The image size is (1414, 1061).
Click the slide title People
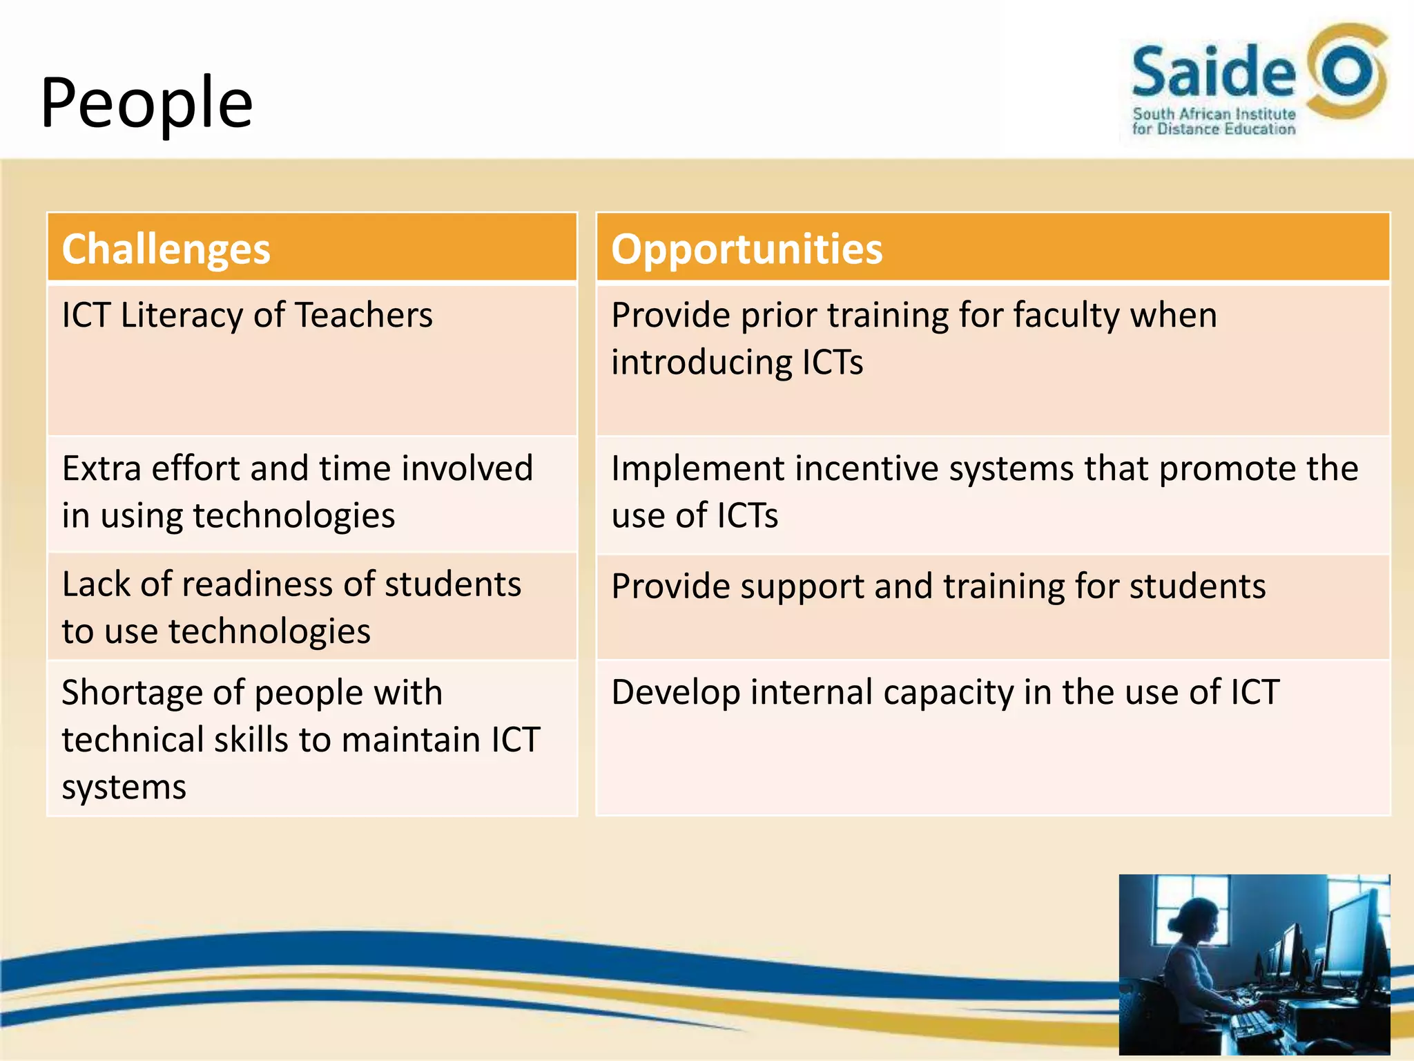(x=146, y=104)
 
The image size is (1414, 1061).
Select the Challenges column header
(x=166, y=249)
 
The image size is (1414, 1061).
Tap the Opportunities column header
(x=746, y=249)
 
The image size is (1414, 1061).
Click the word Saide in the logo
(x=1213, y=71)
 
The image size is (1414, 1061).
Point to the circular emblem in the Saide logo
(x=1346, y=73)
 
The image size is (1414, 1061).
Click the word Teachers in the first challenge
(x=364, y=315)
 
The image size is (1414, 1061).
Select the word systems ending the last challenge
(x=124, y=787)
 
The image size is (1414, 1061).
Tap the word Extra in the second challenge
(x=101, y=468)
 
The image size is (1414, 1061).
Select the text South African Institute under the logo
(x=1213, y=114)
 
